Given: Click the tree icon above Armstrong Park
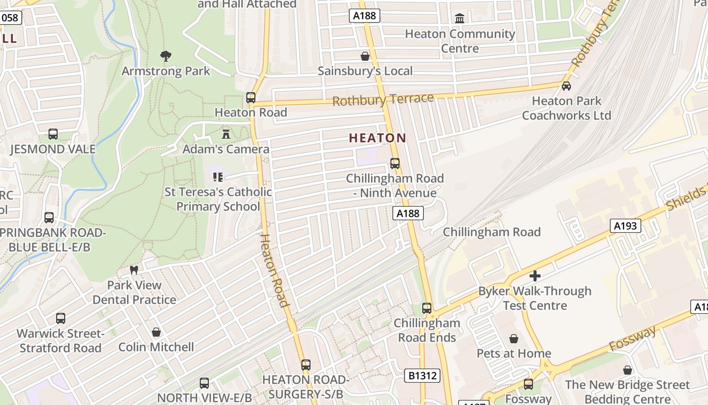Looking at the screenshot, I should [x=165, y=56].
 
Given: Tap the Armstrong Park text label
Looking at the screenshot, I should [x=165, y=71].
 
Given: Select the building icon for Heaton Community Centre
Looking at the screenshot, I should [x=460, y=19].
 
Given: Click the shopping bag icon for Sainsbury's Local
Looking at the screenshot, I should [x=365, y=56].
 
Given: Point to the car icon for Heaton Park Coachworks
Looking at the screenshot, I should [x=566, y=86].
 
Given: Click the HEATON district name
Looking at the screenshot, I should [x=378, y=138].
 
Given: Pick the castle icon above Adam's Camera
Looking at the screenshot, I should [x=226, y=134].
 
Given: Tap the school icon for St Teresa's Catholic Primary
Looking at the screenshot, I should [x=218, y=177].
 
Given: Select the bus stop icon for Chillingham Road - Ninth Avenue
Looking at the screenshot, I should [x=395, y=164].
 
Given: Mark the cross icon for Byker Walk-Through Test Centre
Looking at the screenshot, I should [x=535, y=276].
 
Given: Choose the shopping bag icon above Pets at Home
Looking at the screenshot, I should [x=514, y=338].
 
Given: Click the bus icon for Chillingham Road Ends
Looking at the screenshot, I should [x=427, y=308].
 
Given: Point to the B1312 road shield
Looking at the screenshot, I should [x=422, y=376].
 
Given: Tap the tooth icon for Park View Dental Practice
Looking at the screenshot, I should [x=134, y=270].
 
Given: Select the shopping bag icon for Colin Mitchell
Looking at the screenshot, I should [x=156, y=332].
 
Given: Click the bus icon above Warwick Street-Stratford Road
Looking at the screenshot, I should [x=61, y=318].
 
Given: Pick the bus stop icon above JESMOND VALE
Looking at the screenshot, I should [x=53, y=134].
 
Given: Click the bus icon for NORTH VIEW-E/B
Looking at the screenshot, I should [x=204, y=383].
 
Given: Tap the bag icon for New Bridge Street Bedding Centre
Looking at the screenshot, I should [x=628, y=370].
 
